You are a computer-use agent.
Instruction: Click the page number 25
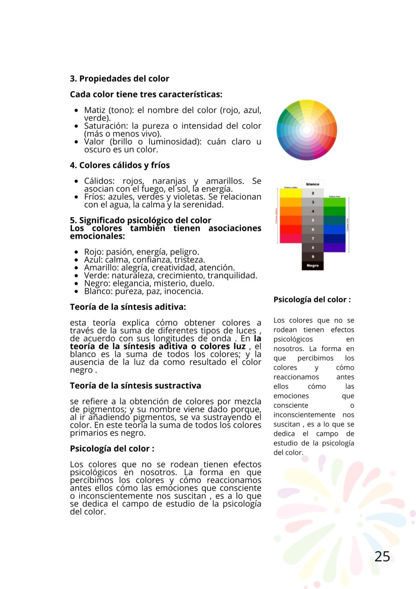(382, 556)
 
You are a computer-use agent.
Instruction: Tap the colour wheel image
(306, 130)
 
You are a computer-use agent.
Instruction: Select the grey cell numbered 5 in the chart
(313, 220)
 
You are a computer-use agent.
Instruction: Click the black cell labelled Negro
(313, 265)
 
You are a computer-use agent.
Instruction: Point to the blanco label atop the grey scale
(313, 184)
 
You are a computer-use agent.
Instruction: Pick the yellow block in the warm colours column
(291, 193)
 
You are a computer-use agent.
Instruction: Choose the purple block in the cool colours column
(334, 247)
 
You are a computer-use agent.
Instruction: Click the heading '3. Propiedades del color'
(119, 79)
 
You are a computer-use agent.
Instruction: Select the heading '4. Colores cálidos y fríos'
(120, 165)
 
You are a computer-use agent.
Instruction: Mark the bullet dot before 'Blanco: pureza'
(76, 292)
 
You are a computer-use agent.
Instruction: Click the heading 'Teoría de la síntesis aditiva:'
(128, 307)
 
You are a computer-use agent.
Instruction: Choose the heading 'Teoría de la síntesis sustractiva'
(135, 386)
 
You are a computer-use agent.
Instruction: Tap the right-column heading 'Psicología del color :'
(312, 299)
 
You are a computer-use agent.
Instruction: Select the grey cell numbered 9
(313, 256)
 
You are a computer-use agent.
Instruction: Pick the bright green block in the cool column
(334, 202)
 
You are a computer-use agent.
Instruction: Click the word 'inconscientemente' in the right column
(304, 415)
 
